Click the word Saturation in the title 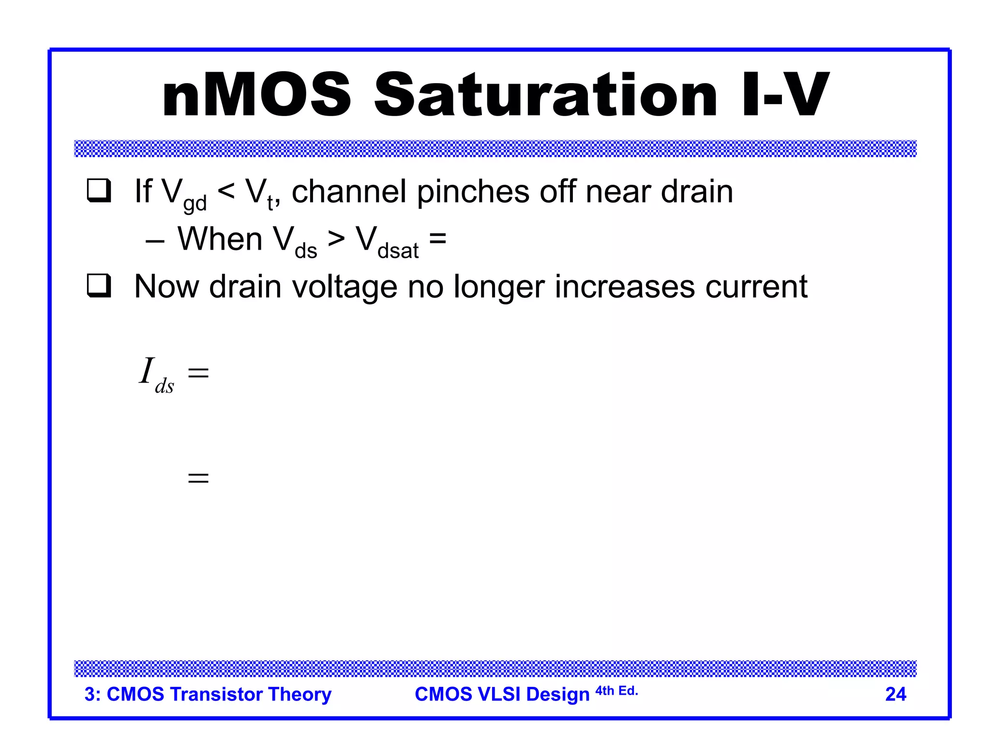(x=545, y=95)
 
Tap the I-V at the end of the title (x=784, y=95)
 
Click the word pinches (x=473, y=192)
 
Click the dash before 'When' (x=155, y=240)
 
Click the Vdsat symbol (x=387, y=242)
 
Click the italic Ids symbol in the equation (x=156, y=375)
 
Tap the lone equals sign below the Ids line (x=198, y=478)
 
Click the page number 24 (x=895, y=694)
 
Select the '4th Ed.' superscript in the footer (x=616, y=691)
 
